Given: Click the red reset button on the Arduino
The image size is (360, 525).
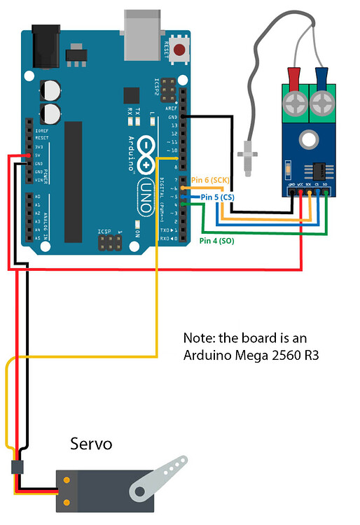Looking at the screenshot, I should [x=181, y=50].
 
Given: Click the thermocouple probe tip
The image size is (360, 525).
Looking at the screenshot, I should [x=246, y=157].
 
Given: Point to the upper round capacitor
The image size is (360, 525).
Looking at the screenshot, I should [x=51, y=90].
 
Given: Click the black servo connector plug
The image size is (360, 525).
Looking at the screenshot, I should [x=15, y=468].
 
